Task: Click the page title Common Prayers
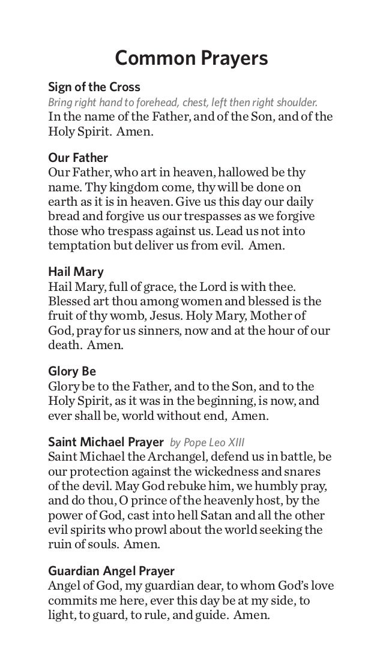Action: point(191,59)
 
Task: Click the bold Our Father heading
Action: point(78,158)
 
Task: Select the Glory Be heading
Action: point(72,371)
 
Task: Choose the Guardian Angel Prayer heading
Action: point(111,570)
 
